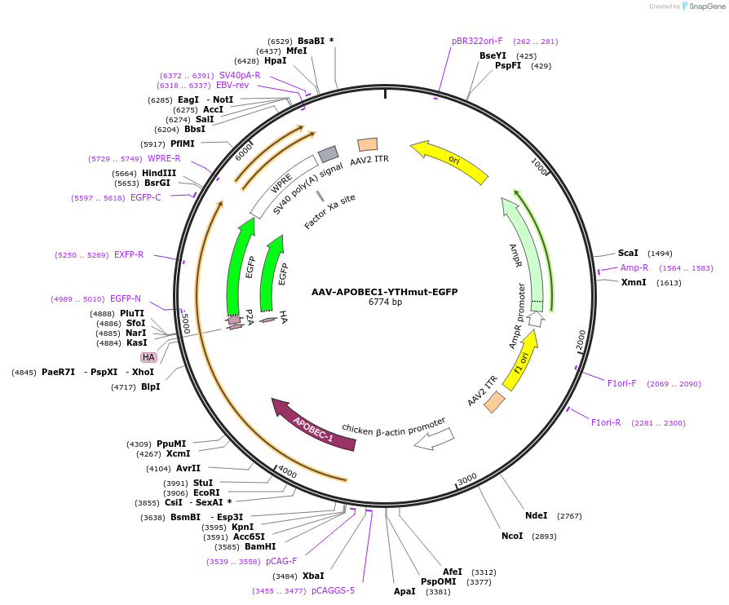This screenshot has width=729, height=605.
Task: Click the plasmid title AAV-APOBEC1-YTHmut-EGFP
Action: coord(384,292)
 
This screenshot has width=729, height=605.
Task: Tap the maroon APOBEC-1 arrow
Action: coord(314,424)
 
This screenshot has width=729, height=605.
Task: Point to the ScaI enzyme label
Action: coord(628,253)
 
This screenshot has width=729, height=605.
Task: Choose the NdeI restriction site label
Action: coord(536,515)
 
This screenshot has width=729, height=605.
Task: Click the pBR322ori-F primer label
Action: coord(477,41)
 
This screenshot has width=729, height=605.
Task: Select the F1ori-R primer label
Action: coord(606,422)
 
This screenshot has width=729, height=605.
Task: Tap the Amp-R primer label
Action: coord(634,267)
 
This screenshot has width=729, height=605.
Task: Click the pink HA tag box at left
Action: coord(148,357)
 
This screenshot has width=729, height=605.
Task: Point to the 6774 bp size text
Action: coord(385,302)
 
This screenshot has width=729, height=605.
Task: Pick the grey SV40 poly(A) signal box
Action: coord(328,153)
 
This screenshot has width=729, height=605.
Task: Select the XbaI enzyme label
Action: coord(313,576)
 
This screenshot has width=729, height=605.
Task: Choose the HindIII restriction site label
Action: coord(159,173)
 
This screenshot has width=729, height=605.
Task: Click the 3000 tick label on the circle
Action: coord(466,479)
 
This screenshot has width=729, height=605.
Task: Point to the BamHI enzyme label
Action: coord(260,546)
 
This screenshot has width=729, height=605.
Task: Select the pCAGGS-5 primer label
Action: coord(333,590)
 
